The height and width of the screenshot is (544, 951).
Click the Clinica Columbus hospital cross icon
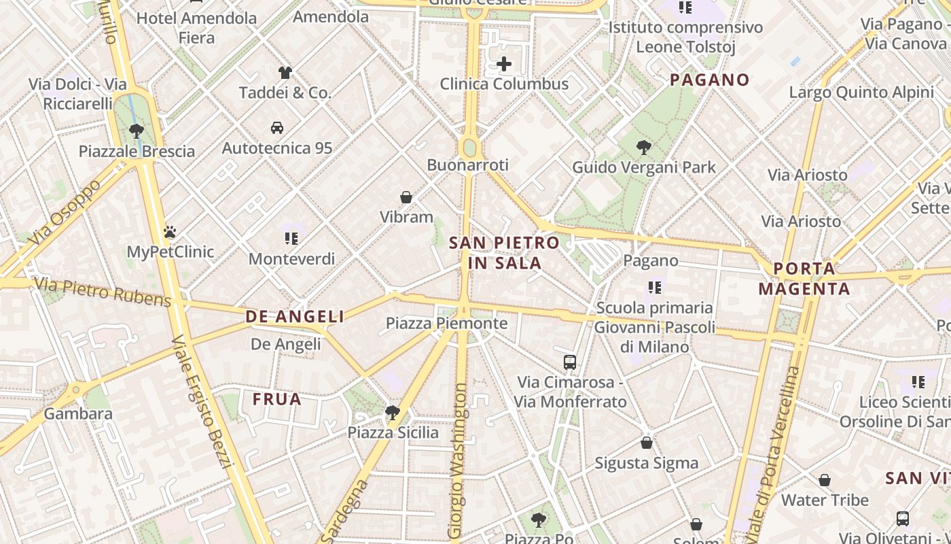(x=504, y=65)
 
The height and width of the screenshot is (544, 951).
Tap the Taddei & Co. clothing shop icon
(x=285, y=73)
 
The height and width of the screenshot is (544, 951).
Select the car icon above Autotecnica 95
(x=277, y=127)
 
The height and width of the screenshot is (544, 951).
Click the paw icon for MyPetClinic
(x=170, y=232)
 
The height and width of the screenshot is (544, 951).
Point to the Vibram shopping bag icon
(x=406, y=197)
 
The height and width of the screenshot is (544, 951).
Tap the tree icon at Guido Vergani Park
(x=643, y=147)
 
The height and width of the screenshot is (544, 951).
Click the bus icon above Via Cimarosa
(x=570, y=362)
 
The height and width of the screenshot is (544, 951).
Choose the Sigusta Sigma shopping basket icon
(x=647, y=443)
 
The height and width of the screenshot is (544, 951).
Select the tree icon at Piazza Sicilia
(x=393, y=412)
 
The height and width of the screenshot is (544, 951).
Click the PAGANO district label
(x=710, y=80)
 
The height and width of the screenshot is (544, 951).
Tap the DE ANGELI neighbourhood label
(x=295, y=316)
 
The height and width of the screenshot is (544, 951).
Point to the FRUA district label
(x=277, y=399)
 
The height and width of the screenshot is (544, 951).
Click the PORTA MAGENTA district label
(x=804, y=278)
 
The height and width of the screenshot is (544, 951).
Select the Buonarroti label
(x=467, y=165)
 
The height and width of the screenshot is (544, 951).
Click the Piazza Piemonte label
(x=446, y=323)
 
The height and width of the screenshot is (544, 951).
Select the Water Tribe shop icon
(x=825, y=480)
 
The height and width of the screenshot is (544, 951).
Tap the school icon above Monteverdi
(x=291, y=238)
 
